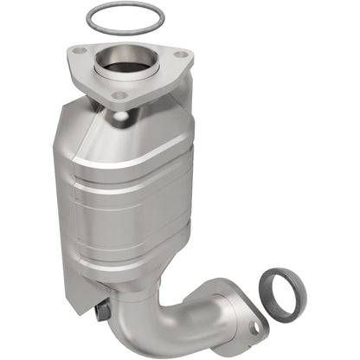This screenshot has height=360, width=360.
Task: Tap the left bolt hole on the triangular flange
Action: point(80,51)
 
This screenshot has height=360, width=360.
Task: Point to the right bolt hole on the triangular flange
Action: point(179,55)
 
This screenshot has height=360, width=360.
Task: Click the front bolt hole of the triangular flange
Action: point(120,94)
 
